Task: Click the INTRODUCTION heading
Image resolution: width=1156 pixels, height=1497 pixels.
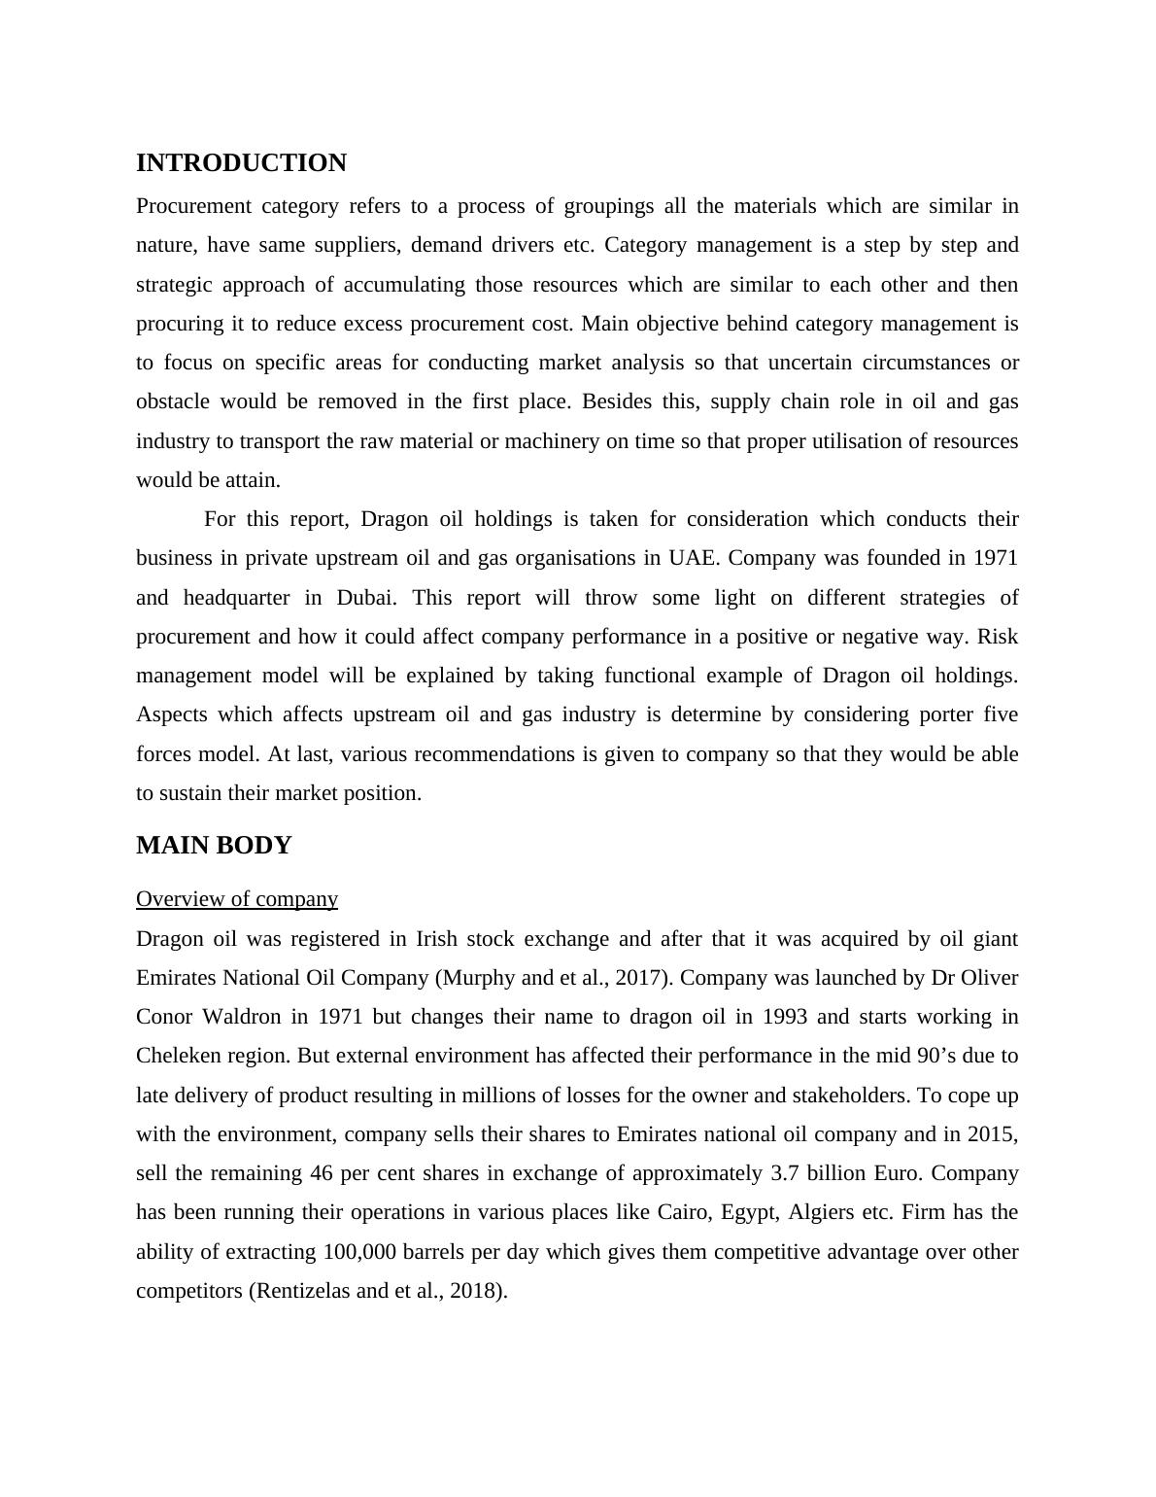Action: (x=241, y=163)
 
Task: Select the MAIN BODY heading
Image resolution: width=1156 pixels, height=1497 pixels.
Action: (x=214, y=846)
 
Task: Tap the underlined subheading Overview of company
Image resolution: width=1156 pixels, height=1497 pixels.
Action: (x=237, y=899)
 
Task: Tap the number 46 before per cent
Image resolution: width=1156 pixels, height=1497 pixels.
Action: (x=322, y=1173)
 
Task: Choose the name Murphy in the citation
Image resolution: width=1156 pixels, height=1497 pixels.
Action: (x=480, y=978)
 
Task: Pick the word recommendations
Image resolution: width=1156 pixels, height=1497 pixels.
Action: (x=512, y=754)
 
